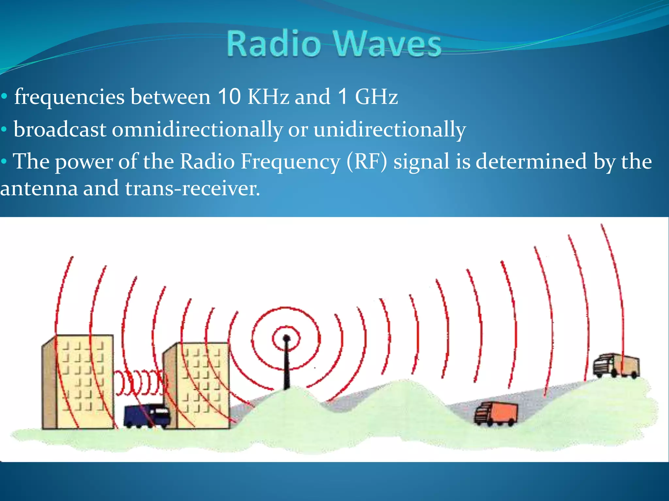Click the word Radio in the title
point(274,44)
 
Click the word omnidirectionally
point(197,129)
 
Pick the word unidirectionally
point(389,129)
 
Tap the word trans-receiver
point(192,189)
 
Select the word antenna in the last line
point(39,189)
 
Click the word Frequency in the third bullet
point(290,162)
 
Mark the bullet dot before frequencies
point(4,97)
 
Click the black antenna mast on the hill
point(287,365)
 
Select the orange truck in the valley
point(497,414)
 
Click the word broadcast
point(60,129)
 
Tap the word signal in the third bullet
point(421,162)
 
